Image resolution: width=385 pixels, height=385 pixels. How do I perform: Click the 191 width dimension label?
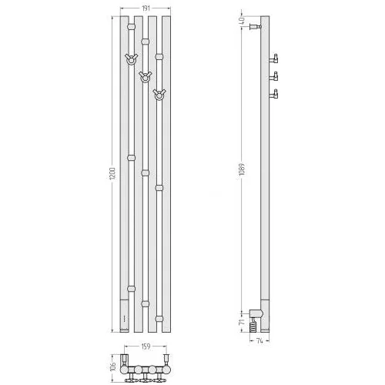(146, 8)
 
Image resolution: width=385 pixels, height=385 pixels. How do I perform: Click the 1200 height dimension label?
(112, 174)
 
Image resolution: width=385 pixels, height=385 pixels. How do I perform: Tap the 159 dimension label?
(146, 346)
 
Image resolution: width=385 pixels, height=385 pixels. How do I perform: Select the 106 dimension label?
(113, 367)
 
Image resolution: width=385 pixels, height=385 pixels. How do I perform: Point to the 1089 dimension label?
(242, 169)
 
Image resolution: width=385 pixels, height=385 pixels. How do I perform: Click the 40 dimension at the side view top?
(242, 21)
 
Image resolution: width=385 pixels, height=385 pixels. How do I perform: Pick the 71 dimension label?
(242, 323)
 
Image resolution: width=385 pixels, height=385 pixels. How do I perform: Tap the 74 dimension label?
(259, 341)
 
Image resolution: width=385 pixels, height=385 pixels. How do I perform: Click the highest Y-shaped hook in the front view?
(131, 59)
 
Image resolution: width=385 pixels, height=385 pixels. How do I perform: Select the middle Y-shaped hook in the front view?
(145, 77)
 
